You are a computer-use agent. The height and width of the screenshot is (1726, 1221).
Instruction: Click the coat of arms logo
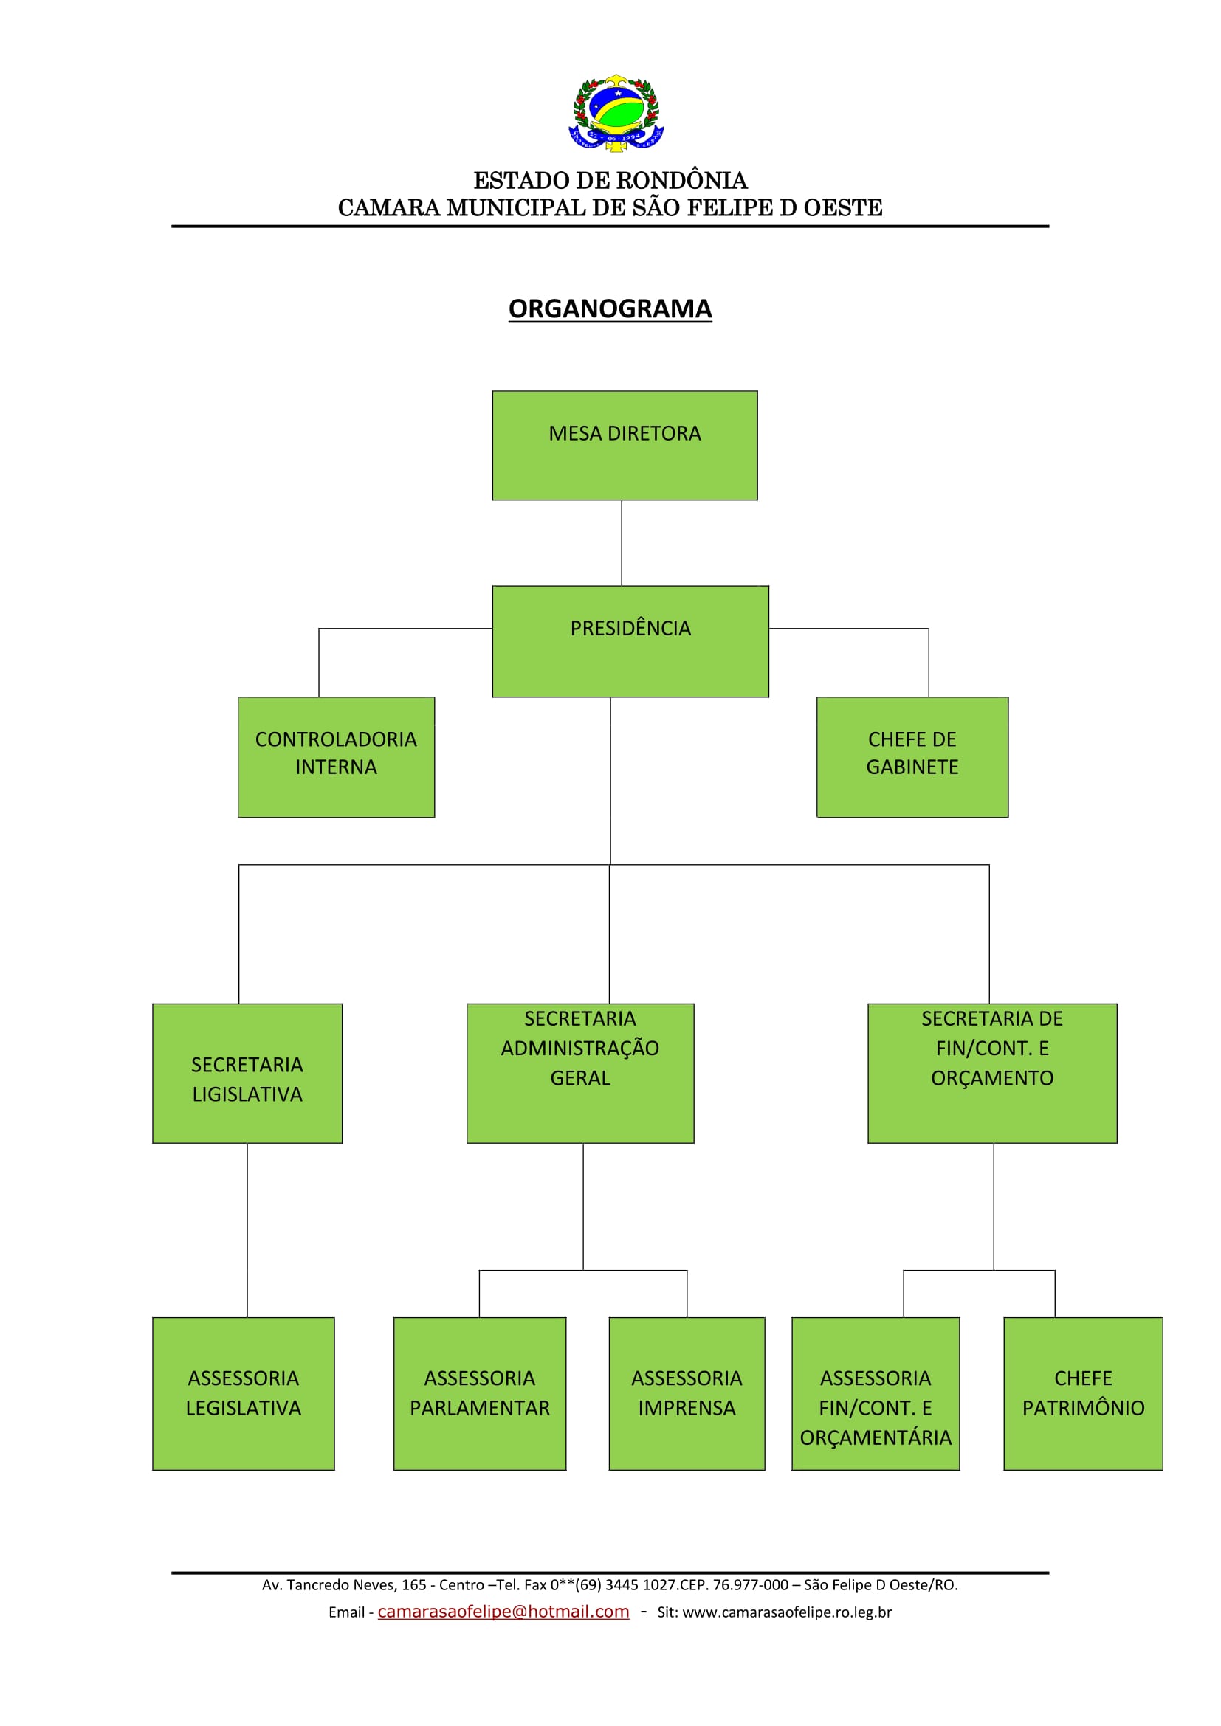click(616, 114)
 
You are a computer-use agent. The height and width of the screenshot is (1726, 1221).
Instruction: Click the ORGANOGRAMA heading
click(610, 308)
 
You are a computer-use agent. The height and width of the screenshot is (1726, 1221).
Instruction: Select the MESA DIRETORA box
click(625, 445)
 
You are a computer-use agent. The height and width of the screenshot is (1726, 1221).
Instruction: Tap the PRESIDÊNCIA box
click(630, 641)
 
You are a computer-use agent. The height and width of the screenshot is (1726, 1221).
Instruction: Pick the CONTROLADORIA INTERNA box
click(336, 757)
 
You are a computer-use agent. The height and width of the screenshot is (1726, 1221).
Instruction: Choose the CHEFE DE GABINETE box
click(912, 757)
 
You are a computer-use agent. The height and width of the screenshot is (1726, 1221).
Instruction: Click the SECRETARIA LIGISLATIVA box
click(247, 1074)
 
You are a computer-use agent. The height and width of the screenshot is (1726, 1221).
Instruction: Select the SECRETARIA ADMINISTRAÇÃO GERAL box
click(579, 1074)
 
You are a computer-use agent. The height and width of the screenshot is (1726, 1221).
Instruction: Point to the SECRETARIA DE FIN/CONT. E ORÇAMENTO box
click(991, 1074)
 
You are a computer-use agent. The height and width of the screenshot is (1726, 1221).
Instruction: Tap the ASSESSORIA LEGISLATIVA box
click(244, 1393)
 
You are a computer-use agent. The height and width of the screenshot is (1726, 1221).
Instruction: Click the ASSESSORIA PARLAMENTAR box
click(480, 1393)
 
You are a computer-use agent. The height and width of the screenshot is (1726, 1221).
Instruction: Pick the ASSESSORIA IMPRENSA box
click(687, 1393)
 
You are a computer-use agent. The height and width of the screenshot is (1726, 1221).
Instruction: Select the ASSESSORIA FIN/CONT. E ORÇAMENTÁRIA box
click(876, 1393)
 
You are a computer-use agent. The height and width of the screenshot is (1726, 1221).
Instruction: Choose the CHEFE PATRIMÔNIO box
click(1083, 1393)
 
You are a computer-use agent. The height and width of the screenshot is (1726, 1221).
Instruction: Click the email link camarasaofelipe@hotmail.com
click(503, 1612)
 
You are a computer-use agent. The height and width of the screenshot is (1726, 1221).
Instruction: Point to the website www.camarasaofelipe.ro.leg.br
click(786, 1612)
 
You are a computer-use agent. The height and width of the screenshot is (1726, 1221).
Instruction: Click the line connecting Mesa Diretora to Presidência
click(622, 543)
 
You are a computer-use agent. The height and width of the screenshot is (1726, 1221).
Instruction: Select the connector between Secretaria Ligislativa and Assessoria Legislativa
click(247, 1230)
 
